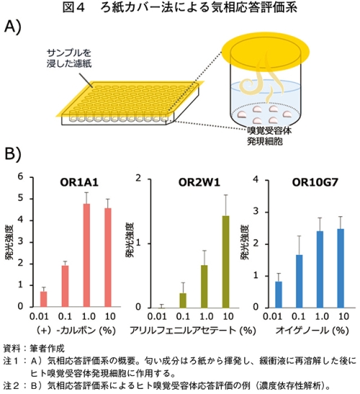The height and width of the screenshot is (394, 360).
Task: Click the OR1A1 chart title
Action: pos(79,183)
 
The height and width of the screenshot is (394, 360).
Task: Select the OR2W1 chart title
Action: pos(199,183)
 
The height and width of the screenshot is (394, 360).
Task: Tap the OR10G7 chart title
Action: pos(315,183)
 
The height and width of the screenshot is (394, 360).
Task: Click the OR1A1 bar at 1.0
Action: pos(86,255)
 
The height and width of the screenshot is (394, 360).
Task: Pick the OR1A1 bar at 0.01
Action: pos(44,299)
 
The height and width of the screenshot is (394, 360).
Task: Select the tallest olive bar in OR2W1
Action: pos(226,262)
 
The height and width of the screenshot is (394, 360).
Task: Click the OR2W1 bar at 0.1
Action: pos(183,300)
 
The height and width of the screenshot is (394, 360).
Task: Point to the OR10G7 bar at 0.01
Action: pos(279,295)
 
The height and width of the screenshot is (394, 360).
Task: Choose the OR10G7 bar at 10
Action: pos(341,268)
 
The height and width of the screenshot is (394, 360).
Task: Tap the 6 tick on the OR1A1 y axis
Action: pos(20,176)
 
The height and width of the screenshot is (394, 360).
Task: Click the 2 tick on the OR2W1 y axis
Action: pos(138,179)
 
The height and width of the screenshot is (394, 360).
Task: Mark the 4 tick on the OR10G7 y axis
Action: pos(256,179)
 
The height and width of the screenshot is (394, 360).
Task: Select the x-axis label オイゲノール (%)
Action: pos(312,330)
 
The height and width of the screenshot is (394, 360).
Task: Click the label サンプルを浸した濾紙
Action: pos(69,58)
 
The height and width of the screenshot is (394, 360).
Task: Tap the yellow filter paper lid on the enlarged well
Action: pos(265,52)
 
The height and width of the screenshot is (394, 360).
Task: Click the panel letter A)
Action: pos(12,27)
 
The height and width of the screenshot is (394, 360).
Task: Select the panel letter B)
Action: pos(12,154)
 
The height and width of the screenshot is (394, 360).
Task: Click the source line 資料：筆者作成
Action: pos(34,349)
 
